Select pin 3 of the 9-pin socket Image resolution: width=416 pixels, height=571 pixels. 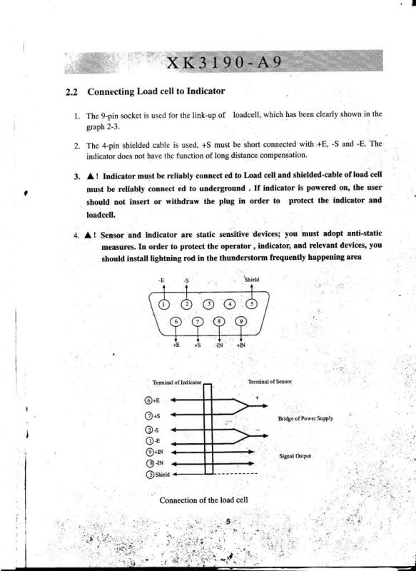point(209,305)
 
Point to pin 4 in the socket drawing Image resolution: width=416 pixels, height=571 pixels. point(230,305)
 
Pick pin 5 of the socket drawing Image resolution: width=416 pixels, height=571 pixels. point(253,304)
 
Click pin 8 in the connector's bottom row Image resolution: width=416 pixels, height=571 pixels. point(219,323)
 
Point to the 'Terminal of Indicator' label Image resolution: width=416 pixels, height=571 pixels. point(178,383)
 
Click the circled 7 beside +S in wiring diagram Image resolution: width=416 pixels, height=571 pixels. point(148,415)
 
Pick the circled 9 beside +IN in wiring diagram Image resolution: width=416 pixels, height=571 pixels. point(148,451)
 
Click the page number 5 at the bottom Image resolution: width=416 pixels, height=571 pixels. point(227,522)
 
